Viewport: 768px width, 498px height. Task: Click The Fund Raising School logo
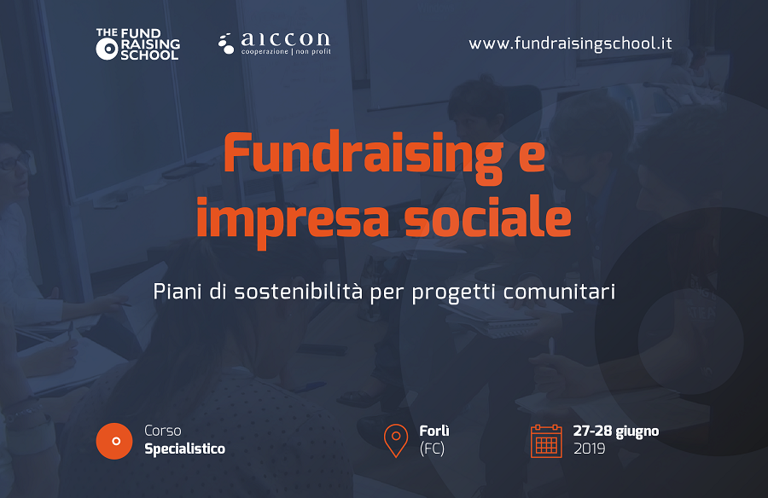[137, 44]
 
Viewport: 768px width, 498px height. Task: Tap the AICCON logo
[274, 43]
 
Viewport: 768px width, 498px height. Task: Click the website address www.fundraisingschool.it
[570, 43]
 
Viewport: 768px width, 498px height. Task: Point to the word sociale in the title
[488, 216]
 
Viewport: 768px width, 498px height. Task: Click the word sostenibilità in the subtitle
[299, 292]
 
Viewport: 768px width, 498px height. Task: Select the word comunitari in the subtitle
[559, 292]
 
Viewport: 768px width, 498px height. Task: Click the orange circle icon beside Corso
[114, 441]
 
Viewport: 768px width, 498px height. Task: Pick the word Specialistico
[184, 449]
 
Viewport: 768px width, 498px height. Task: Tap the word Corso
[163, 431]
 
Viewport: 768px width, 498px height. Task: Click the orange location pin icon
[396, 441]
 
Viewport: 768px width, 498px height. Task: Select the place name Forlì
[434, 431]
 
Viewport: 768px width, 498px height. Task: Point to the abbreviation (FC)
[432, 449]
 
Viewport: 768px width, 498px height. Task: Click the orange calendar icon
[546, 441]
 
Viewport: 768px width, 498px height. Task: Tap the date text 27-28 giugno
[615, 431]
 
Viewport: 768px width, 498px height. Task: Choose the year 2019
[589, 449]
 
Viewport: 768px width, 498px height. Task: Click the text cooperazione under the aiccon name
[265, 51]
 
